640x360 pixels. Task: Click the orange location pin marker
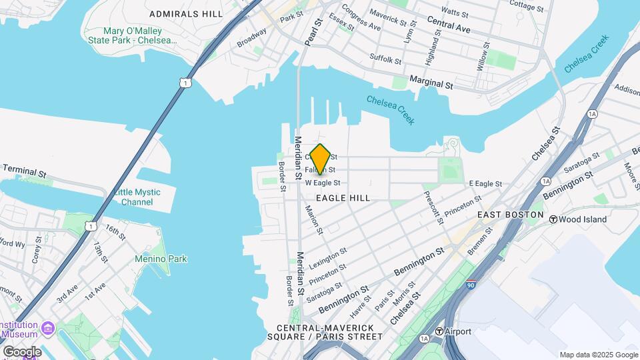(320, 159)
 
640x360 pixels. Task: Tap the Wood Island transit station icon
(553, 219)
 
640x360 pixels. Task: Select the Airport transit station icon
(439, 331)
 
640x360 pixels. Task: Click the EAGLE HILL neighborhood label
(343, 198)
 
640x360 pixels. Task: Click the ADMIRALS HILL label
(187, 13)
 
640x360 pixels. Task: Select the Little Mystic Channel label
(137, 197)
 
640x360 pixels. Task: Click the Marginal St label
(431, 86)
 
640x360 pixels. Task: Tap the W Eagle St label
(323, 183)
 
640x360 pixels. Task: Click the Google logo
(21, 351)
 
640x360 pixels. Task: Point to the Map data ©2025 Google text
(598, 355)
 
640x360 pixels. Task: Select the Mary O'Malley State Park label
(133, 36)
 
